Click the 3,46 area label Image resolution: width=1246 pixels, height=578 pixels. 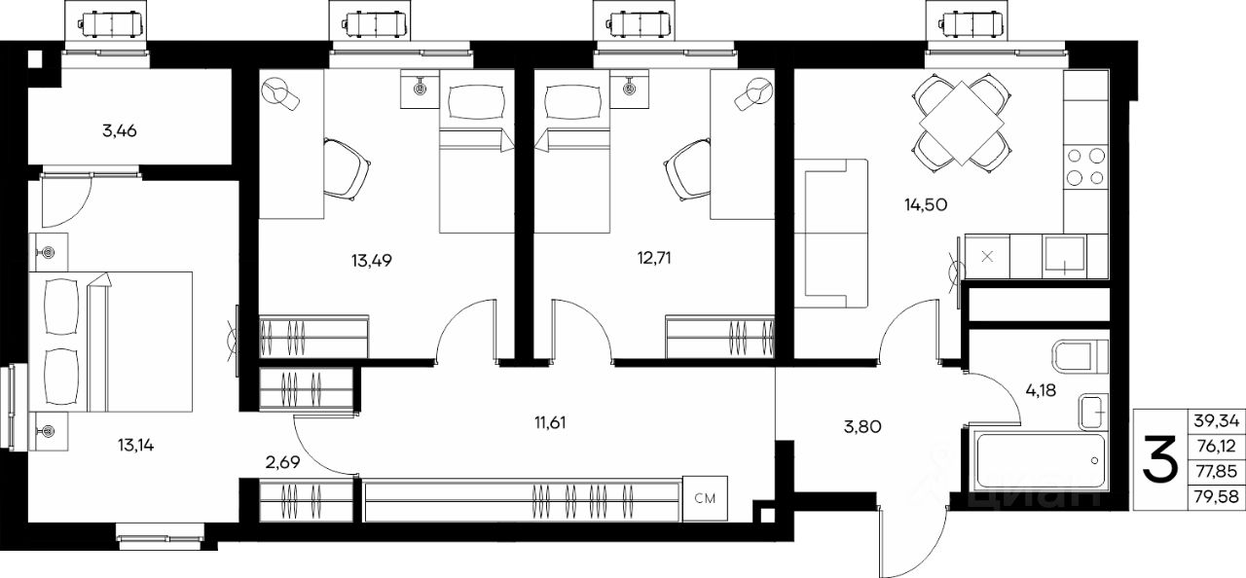point(120,131)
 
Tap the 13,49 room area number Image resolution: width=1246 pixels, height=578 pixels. point(372,260)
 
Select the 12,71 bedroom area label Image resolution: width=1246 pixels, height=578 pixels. point(654,258)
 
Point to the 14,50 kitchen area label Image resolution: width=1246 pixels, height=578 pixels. point(926,205)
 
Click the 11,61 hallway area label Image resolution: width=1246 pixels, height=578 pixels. point(550,423)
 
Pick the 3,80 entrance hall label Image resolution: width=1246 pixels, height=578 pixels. point(862,427)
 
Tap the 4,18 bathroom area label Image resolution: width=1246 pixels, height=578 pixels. point(1041,391)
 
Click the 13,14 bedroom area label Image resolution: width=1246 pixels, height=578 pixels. point(135,445)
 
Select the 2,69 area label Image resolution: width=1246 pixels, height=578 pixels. point(282,462)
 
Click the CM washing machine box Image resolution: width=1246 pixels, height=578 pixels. point(706,498)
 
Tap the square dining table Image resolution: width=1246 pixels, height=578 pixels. point(961,123)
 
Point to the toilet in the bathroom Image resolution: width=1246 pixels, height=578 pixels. point(1081,357)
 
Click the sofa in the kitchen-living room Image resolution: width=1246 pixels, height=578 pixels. point(831,234)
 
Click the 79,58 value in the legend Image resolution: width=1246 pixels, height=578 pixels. point(1216,496)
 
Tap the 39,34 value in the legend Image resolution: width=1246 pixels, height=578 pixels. point(1216,421)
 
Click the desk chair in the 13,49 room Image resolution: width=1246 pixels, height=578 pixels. point(346,169)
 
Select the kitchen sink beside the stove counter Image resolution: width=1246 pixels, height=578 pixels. point(1064,257)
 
